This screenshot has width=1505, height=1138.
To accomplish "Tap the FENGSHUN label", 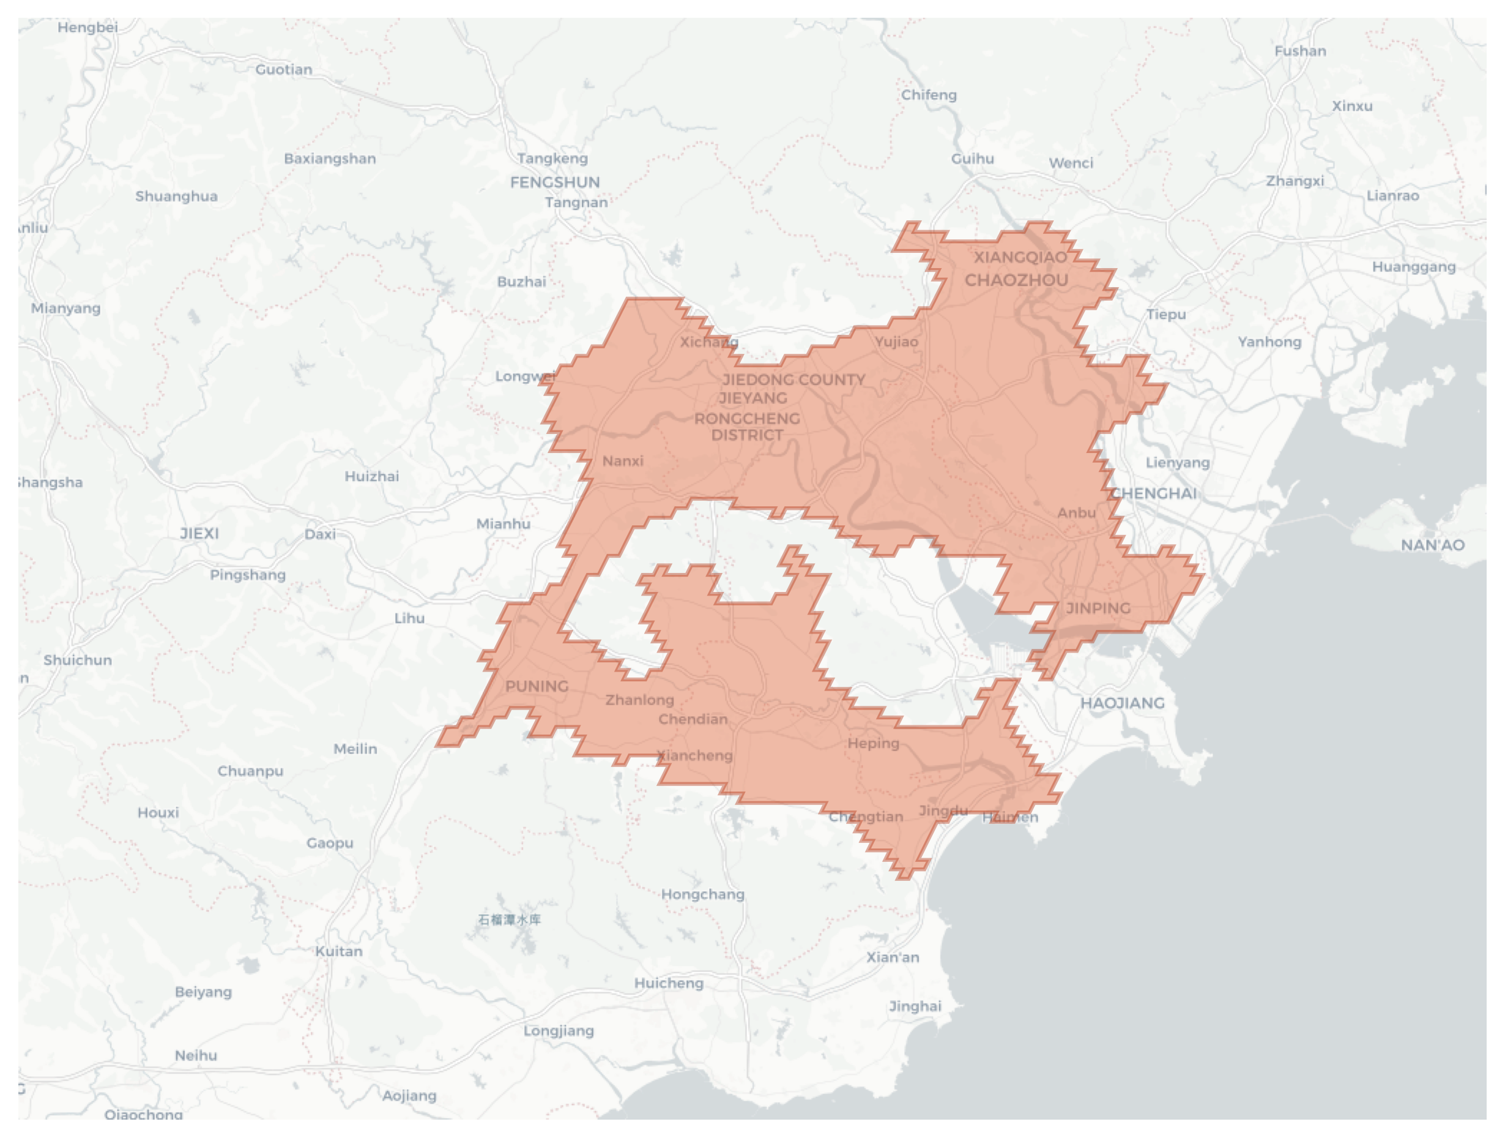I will tap(554, 182).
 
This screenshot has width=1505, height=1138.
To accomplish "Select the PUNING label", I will tap(536, 686).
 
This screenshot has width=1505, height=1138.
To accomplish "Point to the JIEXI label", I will tap(199, 534).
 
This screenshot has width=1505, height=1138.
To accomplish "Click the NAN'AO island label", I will tap(1432, 545).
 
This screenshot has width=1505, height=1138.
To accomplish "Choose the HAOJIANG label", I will tap(1122, 703).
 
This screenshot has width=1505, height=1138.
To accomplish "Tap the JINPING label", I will tap(1098, 608).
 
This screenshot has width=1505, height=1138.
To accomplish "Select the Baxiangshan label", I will tap(329, 159).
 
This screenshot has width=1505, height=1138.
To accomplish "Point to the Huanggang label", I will tap(1413, 267).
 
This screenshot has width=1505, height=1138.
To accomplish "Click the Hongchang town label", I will tap(702, 894).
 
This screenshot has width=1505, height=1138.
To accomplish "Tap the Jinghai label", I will tap(915, 1006).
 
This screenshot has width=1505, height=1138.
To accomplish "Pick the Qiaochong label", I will tap(144, 1114).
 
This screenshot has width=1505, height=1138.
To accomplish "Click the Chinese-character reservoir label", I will tap(510, 920).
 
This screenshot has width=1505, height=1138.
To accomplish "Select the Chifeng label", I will tap(929, 95).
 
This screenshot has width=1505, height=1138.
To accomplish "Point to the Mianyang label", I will tap(65, 309).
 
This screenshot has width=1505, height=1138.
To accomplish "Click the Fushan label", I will tap(1299, 51).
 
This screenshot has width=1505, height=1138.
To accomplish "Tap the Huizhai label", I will tap(371, 476).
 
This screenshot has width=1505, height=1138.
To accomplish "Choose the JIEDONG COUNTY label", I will tap(793, 380).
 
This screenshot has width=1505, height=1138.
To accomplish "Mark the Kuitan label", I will tap(338, 951).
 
